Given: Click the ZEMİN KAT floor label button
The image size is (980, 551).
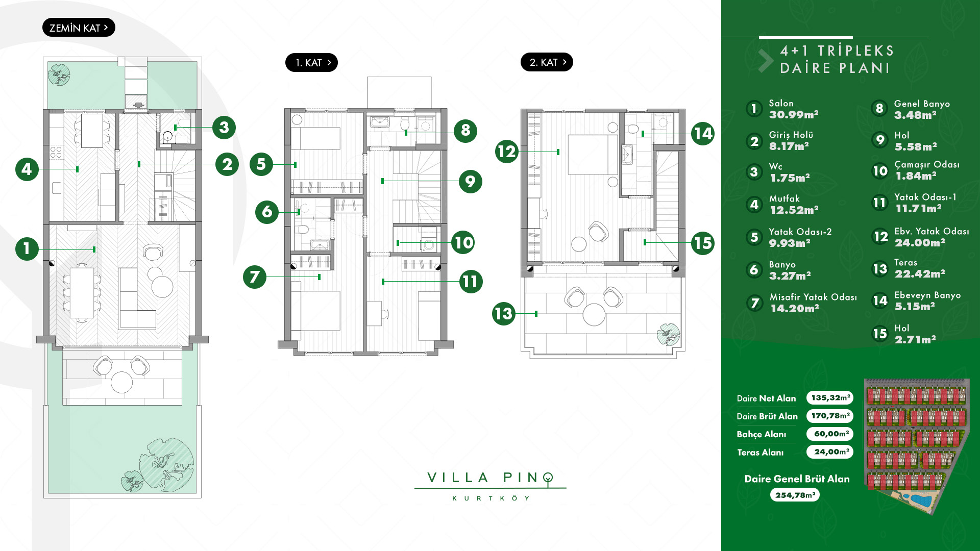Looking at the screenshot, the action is (x=79, y=28).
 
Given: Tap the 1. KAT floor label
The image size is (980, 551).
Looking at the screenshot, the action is (x=311, y=63).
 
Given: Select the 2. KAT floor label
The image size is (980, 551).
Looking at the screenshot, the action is (x=547, y=62).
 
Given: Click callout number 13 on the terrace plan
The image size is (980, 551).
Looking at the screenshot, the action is (x=504, y=313).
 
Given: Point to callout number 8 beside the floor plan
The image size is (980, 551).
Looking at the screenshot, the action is (x=465, y=131).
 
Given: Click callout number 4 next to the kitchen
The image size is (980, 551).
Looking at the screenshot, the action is (x=27, y=169).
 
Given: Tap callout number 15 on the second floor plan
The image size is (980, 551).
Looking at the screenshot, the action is (x=703, y=243).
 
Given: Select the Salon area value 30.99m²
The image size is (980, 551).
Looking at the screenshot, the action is (x=794, y=115).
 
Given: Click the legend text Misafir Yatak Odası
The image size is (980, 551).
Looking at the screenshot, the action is (x=813, y=297).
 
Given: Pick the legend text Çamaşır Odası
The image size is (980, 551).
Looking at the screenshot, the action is (x=927, y=164).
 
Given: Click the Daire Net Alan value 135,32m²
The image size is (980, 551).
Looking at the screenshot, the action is (x=830, y=397).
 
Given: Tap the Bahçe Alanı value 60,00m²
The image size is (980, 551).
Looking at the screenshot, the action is (x=830, y=434).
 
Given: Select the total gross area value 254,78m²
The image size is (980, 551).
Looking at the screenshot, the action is (x=795, y=495).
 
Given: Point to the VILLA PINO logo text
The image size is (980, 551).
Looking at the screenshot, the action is (x=490, y=478).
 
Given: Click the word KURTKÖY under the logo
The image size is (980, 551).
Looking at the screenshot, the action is (x=491, y=498).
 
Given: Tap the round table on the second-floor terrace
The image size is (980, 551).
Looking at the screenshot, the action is (x=594, y=315).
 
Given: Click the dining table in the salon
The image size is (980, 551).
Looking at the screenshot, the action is (x=82, y=293).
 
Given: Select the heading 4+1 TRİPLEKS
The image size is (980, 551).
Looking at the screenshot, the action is (x=837, y=51).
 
